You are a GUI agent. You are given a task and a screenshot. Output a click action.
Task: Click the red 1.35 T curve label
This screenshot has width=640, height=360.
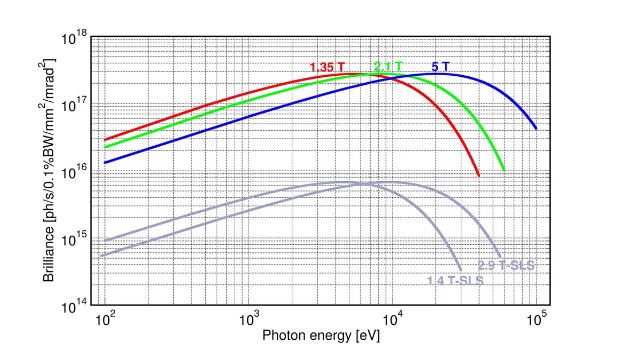tap(327, 68)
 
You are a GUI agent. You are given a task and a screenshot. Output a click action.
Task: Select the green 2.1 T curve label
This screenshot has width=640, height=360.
tap(388, 67)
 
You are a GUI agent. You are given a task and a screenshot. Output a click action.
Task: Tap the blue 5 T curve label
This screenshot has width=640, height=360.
tap(440, 67)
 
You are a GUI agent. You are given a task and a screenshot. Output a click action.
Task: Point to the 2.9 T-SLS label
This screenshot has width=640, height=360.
tap(506, 266)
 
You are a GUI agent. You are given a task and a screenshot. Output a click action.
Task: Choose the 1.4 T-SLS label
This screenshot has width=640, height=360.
tap(455, 281)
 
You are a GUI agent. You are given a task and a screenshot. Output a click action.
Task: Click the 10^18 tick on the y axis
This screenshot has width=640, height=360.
tap(75, 38)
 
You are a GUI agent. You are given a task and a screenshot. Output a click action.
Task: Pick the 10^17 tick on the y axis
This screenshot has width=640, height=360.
tap(75, 105)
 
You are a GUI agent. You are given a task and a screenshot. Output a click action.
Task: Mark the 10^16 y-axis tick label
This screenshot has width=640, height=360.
tap(75, 172)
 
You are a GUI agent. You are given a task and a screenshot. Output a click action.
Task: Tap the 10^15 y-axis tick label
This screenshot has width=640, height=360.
tap(75, 239)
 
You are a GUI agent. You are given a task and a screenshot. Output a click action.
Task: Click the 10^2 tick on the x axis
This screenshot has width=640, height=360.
tap(106, 320)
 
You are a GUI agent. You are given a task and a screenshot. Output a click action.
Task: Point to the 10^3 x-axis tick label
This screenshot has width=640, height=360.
tap(249, 320)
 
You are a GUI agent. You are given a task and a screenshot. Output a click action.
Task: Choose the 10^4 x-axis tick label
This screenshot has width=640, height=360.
tap(393, 320)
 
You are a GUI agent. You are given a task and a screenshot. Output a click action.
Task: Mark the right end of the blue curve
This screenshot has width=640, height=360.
tap(535, 129)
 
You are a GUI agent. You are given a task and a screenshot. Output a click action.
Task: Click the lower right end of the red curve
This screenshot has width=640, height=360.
tap(478, 175)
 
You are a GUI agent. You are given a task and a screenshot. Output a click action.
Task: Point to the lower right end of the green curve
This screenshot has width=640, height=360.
tap(503, 170)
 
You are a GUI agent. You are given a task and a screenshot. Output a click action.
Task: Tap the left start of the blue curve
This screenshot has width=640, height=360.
tap(105, 163)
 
